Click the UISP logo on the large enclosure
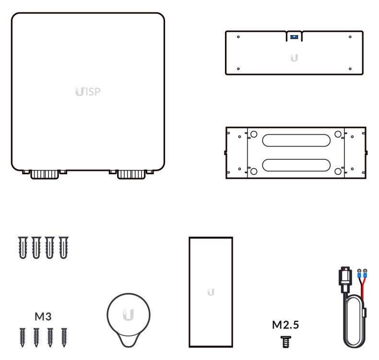point(88,91)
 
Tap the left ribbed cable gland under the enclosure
point(44,174)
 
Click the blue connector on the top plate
point(294,36)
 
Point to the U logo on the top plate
point(294,58)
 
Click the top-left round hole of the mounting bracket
point(254,134)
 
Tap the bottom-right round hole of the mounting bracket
point(338,171)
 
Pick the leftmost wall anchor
point(22,248)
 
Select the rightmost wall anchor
point(63,248)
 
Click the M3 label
point(43,317)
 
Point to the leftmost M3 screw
point(22,337)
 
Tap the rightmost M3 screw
point(63,337)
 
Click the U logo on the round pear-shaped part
point(128,315)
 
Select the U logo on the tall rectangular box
point(211,292)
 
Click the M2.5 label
point(285,325)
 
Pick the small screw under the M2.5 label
point(286,341)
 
